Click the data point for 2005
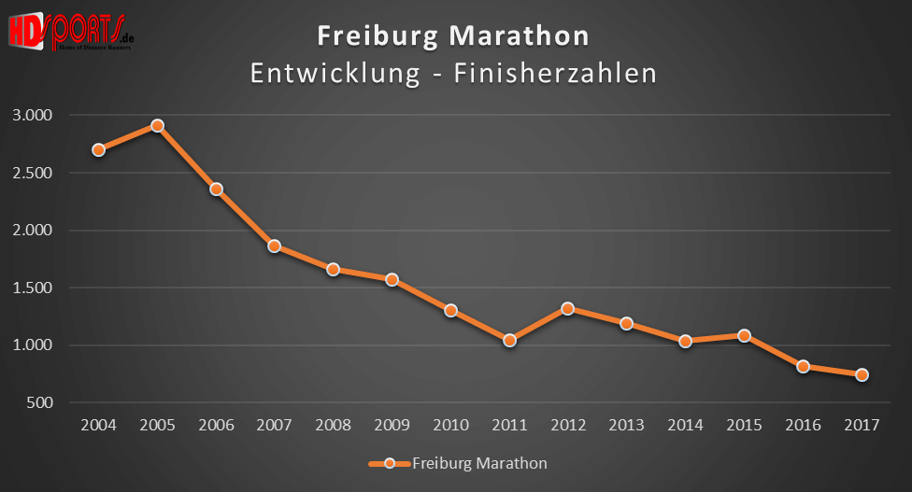[157, 125]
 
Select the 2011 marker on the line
[509, 340]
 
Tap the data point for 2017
[862, 374]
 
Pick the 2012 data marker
[568, 308]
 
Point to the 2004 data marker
[98, 149]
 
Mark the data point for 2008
[333, 269]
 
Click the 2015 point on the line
[744, 335]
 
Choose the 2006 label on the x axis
[216, 425]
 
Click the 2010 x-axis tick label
[450, 425]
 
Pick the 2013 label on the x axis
[627, 425]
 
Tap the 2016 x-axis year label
[803, 425]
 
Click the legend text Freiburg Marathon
[479, 462]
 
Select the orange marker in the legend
[391, 462]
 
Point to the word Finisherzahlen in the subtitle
[554, 73]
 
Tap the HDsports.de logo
[69, 31]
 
